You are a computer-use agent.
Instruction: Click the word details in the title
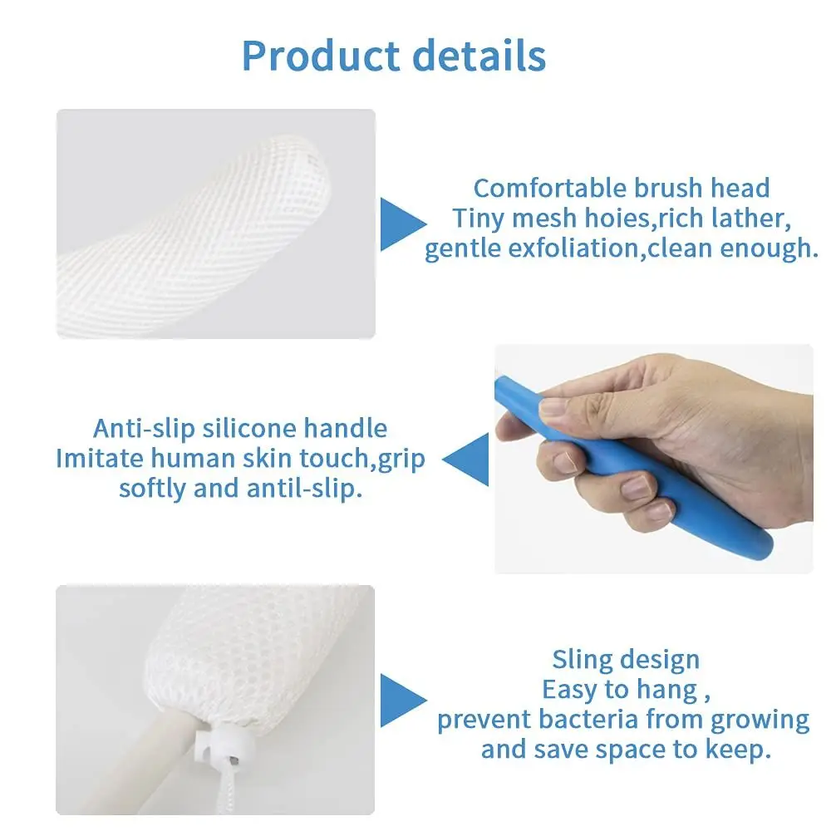(490, 56)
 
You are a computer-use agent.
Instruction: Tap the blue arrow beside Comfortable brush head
(402, 224)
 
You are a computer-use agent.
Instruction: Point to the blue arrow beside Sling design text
(402, 700)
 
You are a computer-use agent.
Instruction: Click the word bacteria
(589, 719)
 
